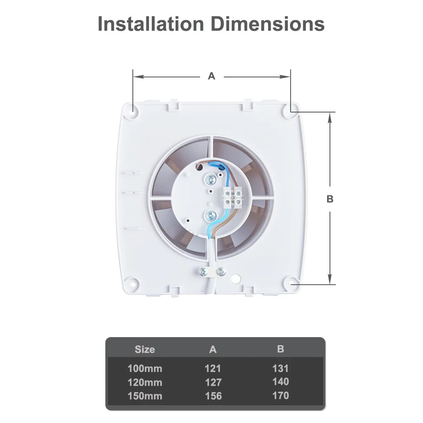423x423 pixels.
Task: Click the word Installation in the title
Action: click(x=151, y=24)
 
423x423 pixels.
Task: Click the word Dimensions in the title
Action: click(x=268, y=24)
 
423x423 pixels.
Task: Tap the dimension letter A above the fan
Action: click(x=211, y=76)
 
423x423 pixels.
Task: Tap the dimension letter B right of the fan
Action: click(x=330, y=199)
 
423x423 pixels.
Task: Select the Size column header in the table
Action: click(x=145, y=349)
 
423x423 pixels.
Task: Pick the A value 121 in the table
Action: click(x=213, y=368)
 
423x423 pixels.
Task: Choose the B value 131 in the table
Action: click(x=280, y=368)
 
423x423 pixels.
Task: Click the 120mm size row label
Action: click(x=145, y=382)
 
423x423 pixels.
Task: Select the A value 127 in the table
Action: click(x=213, y=382)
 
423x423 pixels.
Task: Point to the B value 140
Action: click(x=280, y=382)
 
